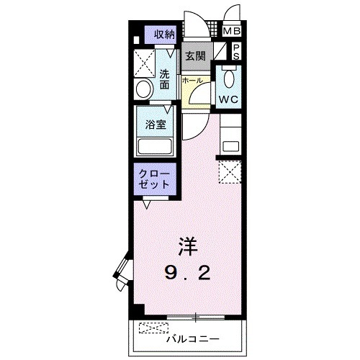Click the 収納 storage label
pos(164,34)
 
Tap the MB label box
pos(231,31)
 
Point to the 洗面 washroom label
pos(165,78)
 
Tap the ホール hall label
pos(192,81)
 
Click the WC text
pos(230,99)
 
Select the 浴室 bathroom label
pos(156,124)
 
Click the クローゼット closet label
pos(155,178)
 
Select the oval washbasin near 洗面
pos(143,90)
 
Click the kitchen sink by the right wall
pos(230,145)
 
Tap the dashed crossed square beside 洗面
pos(145,63)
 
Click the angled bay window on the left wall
pos(121,272)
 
